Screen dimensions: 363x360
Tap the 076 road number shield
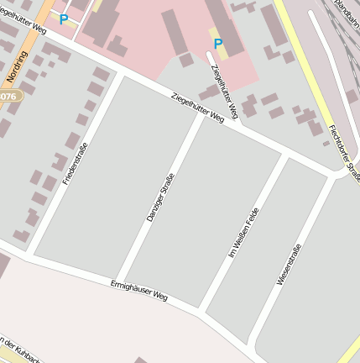10,97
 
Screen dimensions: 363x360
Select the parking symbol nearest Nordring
63,18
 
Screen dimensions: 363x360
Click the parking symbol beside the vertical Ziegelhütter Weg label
218,43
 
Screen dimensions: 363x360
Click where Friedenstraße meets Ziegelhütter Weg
123,75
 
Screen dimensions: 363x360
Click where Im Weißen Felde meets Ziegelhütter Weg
284,154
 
